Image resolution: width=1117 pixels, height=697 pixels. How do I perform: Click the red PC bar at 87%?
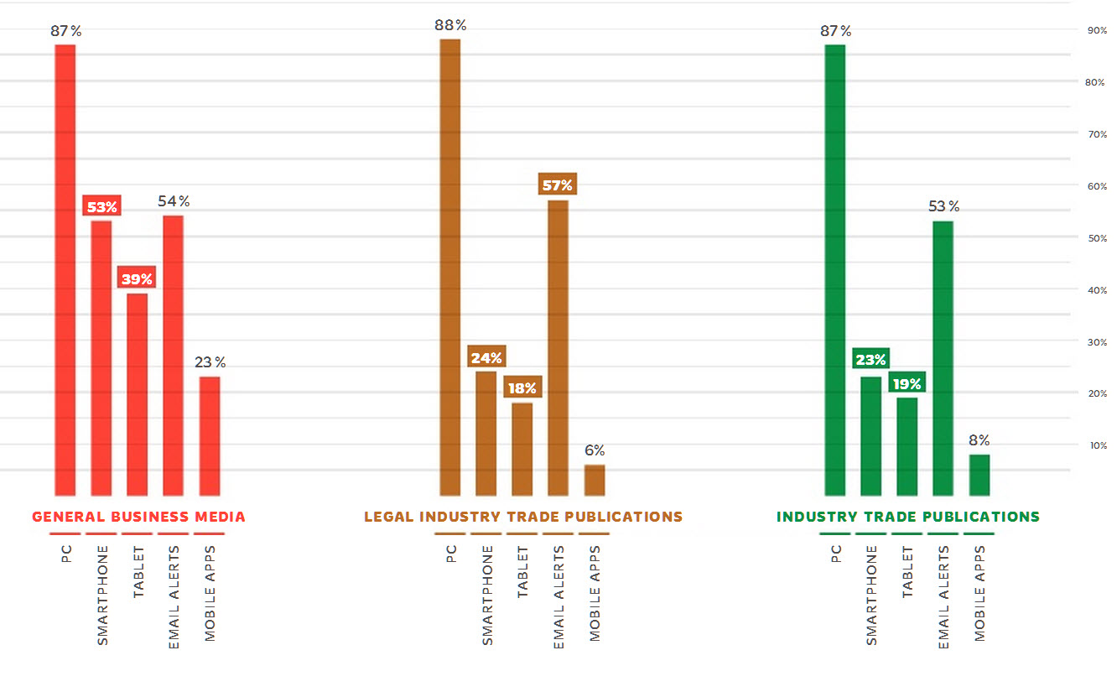coord(65,269)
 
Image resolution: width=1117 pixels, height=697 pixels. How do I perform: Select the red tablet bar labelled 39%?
coord(137,394)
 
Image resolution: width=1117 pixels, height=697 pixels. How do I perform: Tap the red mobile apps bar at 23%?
coord(210,436)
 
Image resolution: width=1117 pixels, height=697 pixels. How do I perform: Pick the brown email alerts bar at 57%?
coord(558,348)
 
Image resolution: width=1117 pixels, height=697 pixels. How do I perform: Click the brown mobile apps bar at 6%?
coord(594,481)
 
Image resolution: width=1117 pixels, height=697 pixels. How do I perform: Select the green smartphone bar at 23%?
coord(870,436)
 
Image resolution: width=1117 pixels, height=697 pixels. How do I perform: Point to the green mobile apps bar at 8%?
coord(979,475)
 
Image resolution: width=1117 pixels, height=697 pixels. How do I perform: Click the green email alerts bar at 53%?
coord(943,358)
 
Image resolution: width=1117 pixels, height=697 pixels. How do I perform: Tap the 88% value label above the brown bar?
coord(450,25)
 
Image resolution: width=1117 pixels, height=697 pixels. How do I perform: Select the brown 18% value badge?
coord(522,388)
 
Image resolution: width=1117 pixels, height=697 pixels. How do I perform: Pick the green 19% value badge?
coord(907,384)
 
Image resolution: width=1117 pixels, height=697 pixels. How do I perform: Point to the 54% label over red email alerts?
coord(174,201)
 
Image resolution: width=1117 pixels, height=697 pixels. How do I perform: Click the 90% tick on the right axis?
coord(1096,30)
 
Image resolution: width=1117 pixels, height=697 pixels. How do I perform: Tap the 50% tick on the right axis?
coord(1096,238)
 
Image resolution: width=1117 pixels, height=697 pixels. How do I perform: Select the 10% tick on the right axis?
coord(1096,445)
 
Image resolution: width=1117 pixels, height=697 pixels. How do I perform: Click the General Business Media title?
coord(138,517)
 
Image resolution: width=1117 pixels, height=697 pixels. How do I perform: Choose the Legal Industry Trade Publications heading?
coord(522,517)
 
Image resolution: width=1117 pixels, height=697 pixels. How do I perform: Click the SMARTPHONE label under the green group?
coord(871,595)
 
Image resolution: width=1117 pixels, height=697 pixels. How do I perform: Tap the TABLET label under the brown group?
coord(522,572)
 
